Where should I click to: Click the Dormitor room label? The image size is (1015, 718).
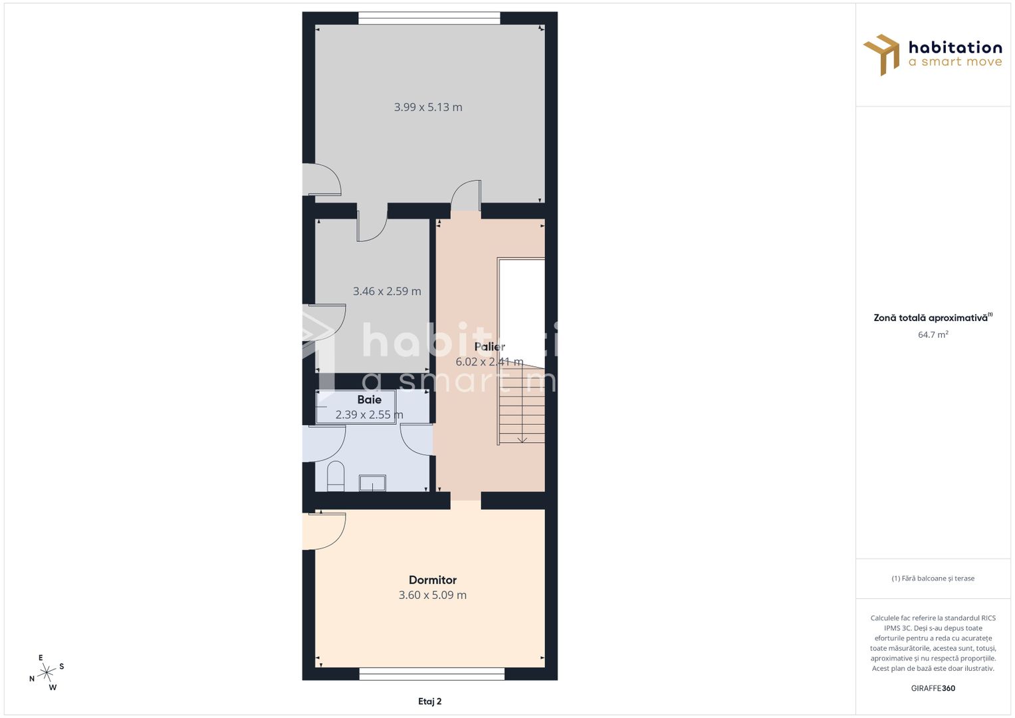click(432, 580)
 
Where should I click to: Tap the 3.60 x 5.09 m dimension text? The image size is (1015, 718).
click(432, 595)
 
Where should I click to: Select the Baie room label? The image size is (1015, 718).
click(369, 400)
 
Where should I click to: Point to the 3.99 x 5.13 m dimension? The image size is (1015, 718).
click(428, 107)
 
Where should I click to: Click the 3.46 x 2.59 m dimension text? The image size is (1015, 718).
click(387, 291)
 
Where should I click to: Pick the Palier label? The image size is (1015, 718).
click(489, 346)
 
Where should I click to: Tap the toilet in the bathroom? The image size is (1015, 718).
click(336, 476)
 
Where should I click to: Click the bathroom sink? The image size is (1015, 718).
click(372, 483)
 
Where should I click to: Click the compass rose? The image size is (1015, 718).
click(47, 673)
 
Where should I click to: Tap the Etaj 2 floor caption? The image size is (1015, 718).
click(429, 701)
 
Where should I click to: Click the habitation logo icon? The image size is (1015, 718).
click(881, 54)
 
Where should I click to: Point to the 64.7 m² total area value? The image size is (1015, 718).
click(933, 334)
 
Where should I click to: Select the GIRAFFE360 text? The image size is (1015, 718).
click(933, 688)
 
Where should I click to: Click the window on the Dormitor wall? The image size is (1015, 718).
click(431, 674)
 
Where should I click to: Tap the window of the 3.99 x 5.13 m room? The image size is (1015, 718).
click(429, 18)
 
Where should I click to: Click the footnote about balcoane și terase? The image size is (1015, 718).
click(933, 578)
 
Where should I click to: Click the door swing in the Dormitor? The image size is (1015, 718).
click(326, 531)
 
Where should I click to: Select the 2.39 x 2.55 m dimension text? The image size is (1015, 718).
click(369, 415)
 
